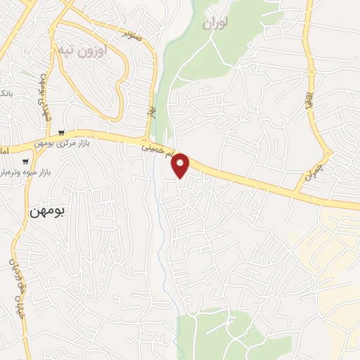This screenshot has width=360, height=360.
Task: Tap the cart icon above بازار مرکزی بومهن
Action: click(x=63, y=132)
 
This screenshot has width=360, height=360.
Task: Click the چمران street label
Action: click(x=311, y=172)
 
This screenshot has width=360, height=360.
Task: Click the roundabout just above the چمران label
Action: click(x=328, y=153)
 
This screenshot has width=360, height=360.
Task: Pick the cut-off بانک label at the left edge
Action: click(x=4, y=94)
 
